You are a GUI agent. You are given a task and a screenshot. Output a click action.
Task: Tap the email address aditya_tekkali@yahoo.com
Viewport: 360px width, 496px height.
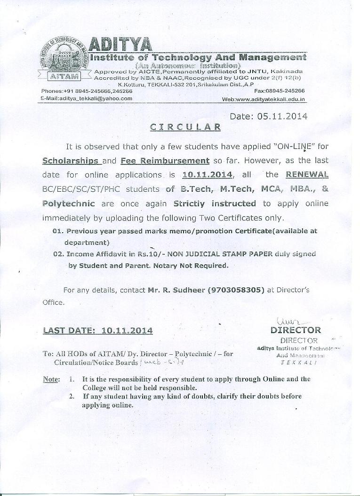pos(87,98)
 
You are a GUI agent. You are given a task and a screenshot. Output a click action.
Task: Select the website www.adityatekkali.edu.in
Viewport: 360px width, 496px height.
pos(264,100)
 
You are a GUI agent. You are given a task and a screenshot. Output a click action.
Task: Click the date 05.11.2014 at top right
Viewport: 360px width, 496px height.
pos(269,116)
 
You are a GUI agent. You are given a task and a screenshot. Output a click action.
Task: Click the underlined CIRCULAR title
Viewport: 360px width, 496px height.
pos(185,126)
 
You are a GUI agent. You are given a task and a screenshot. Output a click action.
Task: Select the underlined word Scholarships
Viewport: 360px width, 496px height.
pos(71,160)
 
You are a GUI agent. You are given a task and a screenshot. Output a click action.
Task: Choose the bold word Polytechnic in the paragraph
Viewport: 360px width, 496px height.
pos(69,203)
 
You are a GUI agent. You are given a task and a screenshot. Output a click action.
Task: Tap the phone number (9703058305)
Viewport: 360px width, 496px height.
pos(235,290)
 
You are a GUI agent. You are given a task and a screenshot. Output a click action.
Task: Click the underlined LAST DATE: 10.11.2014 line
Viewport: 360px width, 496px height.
pos(98,331)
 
